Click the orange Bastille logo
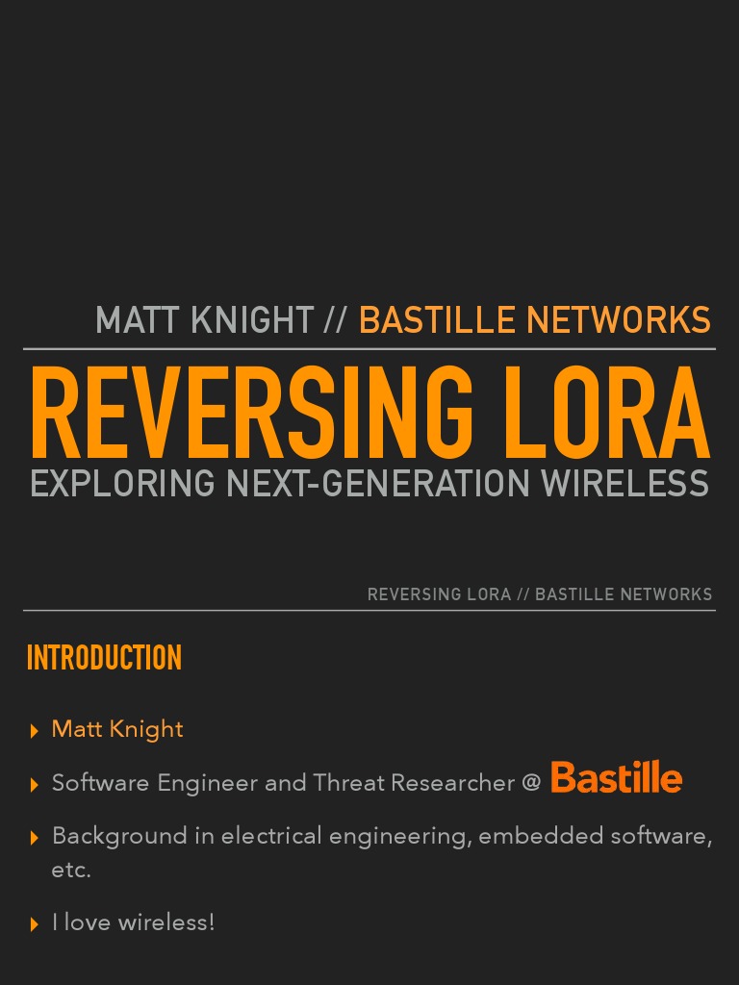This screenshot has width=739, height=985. click(617, 778)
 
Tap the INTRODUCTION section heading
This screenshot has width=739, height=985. click(104, 659)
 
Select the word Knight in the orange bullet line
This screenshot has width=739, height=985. click(146, 729)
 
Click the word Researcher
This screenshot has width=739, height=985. click(462, 783)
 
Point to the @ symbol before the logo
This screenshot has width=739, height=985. click(531, 783)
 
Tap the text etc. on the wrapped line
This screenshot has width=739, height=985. click(71, 870)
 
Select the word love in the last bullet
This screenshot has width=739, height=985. click(87, 922)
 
